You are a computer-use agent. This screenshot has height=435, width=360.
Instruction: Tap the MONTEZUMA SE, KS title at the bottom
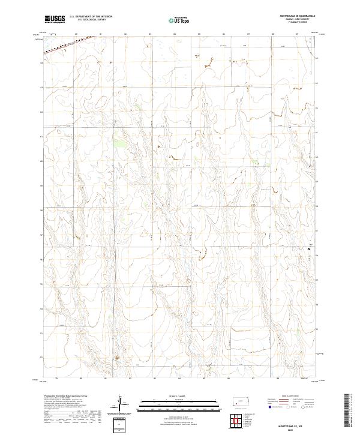point(293,424)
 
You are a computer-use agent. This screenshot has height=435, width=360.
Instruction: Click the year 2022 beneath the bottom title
point(293,428)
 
